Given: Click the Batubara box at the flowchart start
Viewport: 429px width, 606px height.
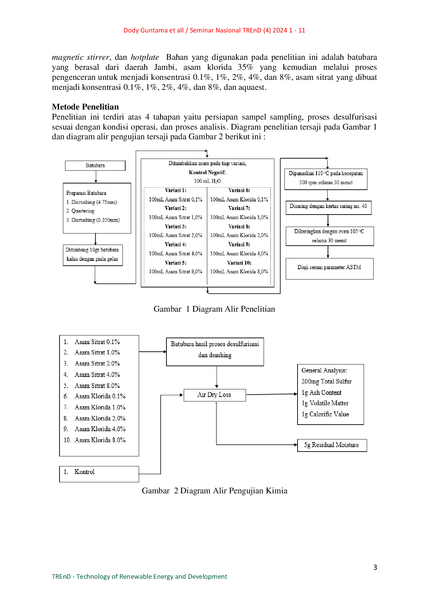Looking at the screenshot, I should (x=95, y=165).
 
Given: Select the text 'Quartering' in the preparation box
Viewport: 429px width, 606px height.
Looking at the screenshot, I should (x=83, y=211).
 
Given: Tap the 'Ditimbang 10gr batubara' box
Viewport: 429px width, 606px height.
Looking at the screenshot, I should (x=93, y=255).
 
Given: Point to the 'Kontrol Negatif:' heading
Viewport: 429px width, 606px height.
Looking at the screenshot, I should (x=207, y=172).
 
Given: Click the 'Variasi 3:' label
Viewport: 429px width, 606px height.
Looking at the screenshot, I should (x=175, y=226).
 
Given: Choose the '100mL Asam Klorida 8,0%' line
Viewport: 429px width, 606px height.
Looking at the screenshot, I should (x=239, y=272).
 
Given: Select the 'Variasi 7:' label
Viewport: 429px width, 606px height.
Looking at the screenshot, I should (x=239, y=208).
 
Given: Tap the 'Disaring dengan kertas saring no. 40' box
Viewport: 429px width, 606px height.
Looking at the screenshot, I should (x=328, y=207).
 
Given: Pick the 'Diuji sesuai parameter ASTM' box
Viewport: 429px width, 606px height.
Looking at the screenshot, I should (x=329, y=268).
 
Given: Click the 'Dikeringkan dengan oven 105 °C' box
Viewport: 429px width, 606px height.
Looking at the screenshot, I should (x=329, y=236).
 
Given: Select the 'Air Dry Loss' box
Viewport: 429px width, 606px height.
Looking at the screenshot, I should (x=214, y=395).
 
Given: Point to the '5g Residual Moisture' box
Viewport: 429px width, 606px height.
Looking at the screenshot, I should (x=331, y=445).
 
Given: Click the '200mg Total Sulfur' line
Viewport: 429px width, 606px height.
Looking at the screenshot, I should (x=327, y=381).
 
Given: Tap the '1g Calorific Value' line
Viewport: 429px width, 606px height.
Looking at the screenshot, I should (x=325, y=414).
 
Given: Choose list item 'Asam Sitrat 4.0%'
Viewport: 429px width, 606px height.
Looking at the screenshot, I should (x=97, y=375).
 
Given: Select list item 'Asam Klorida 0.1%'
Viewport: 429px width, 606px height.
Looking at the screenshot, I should (x=100, y=396).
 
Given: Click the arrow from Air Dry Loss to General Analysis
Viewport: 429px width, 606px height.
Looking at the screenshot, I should (x=272, y=394).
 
